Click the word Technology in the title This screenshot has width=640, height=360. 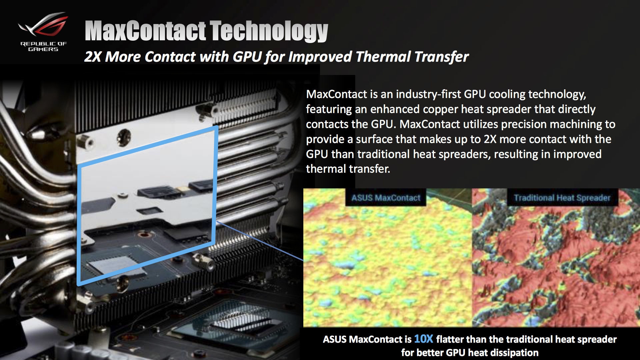(x=269, y=31)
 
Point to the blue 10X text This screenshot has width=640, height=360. (x=423, y=339)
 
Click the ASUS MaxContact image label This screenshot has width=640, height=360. (x=386, y=198)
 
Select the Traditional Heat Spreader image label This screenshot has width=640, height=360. (x=562, y=198)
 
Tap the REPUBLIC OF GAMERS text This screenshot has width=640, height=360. (x=43, y=46)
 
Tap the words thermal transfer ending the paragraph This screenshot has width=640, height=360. (x=348, y=169)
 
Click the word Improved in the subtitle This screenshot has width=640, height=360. (x=320, y=57)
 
